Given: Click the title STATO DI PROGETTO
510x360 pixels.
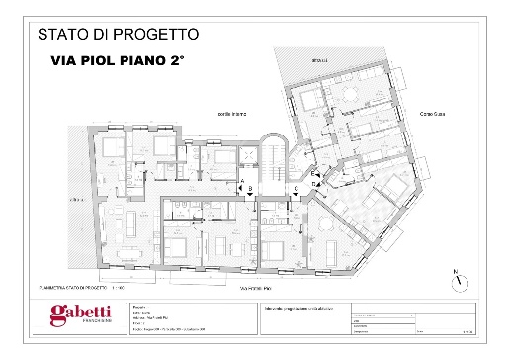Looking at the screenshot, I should (118, 34).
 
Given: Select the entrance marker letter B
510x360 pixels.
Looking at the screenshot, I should (251, 187).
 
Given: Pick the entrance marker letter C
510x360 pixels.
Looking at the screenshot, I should (296, 187).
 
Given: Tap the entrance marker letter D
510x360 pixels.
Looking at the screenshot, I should (313, 183).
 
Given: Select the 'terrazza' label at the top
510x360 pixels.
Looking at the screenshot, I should (319, 60).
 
